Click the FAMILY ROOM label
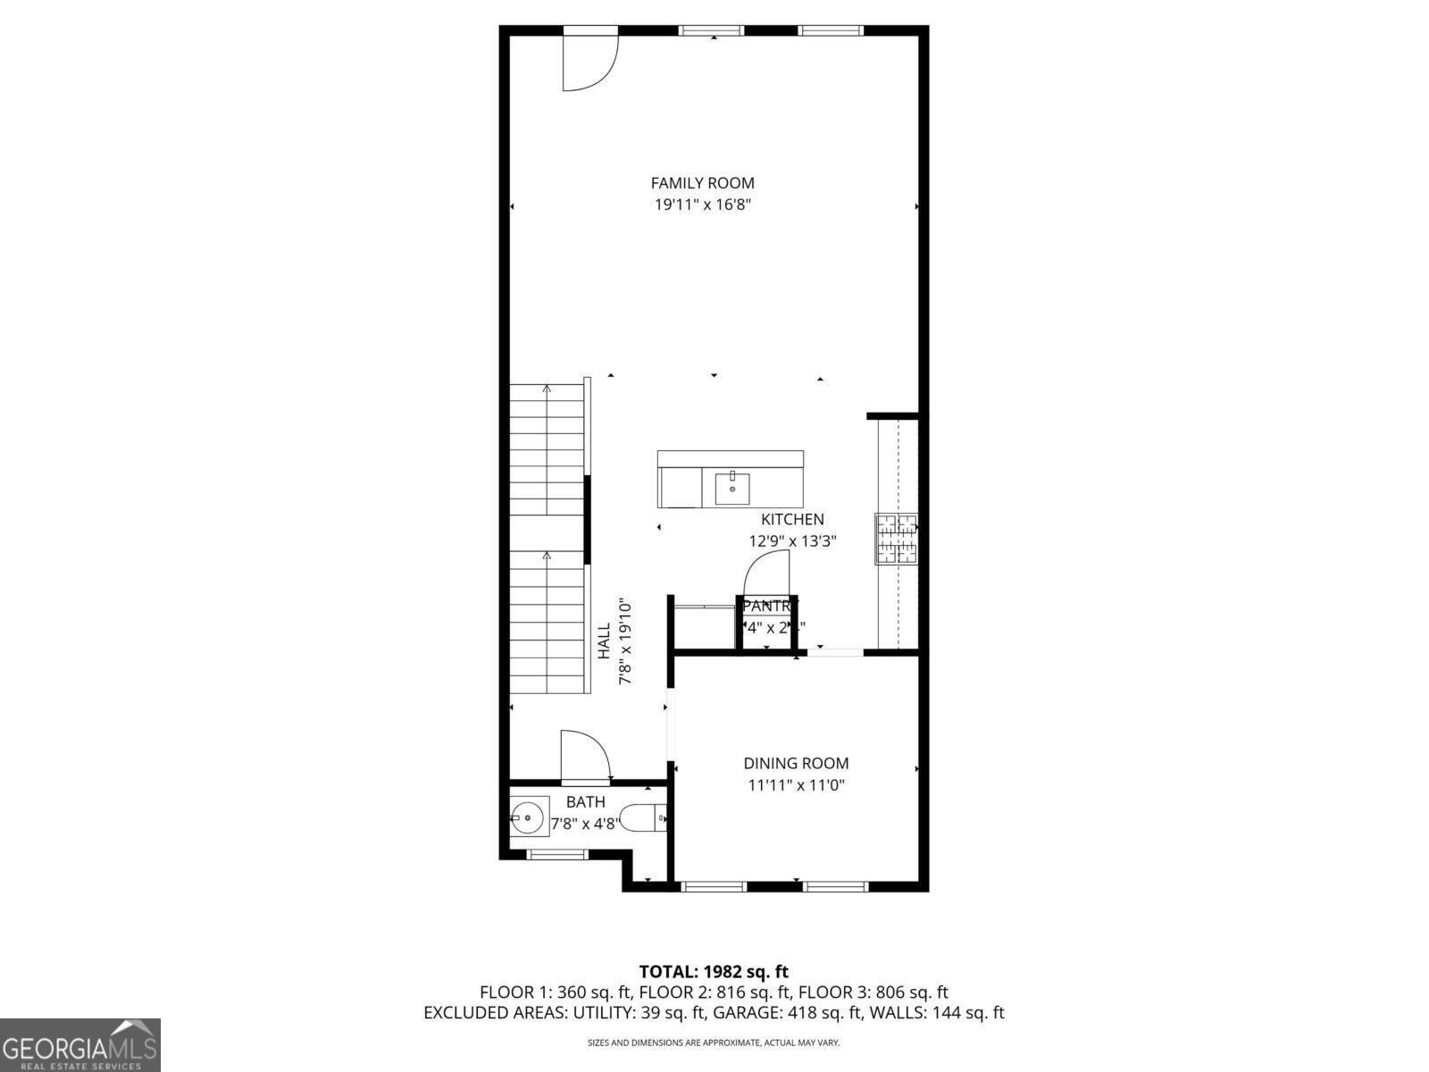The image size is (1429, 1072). click(702, 183)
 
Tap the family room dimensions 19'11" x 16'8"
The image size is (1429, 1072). click(702, 205)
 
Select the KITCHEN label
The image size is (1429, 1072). click(792, 519)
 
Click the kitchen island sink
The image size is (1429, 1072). click(732, 489)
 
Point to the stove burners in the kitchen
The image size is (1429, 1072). click(896, 539)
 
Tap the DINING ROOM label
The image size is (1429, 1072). click(796, 763)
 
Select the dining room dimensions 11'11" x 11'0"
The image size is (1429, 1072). click(796, 785)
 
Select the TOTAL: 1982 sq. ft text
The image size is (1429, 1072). click(714, 971)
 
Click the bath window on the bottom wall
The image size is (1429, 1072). click(558, 855)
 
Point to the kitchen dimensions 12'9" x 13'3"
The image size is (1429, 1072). click(792, 540)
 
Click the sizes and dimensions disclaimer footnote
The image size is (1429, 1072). click(714, 1043)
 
